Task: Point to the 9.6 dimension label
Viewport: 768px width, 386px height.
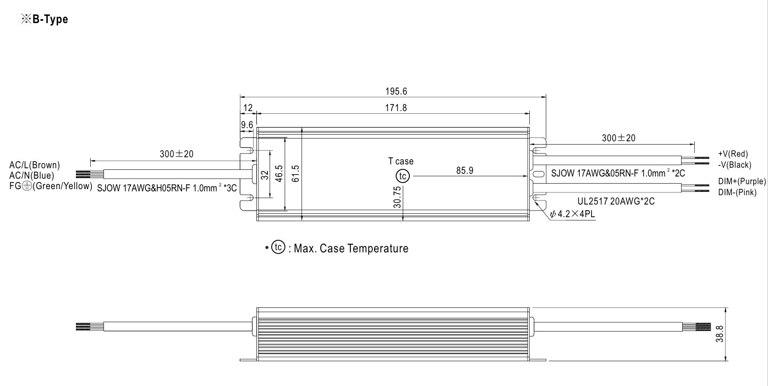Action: (x=247, y=125)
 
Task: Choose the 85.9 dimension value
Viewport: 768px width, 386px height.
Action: (x=465, y=170)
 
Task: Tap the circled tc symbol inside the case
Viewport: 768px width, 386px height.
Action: (x=403, y=176)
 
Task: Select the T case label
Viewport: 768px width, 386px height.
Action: (x=401, y=162)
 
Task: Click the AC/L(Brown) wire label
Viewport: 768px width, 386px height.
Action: (x=35, y=165)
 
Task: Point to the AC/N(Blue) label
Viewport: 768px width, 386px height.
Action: (x=32, y=175)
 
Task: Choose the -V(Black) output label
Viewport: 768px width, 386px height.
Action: (x=734, y=164)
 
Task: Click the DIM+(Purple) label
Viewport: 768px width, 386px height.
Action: (x=742, y=181)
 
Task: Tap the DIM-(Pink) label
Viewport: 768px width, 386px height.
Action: (x=737, y=192)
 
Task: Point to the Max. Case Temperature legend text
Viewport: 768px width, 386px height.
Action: (x=351, y=249)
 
